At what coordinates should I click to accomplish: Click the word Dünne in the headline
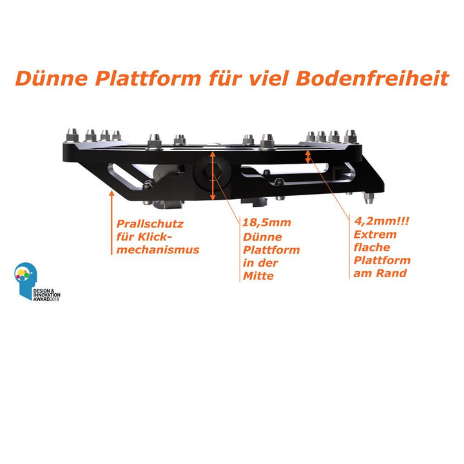pos(52,78)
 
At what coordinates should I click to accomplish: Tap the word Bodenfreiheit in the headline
pos(372,78)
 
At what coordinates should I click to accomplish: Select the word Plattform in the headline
pos(148,78)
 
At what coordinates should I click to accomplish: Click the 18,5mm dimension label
pos(266,223)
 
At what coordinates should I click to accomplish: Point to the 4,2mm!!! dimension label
pos(382,221)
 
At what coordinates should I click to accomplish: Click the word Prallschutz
pos(150,224)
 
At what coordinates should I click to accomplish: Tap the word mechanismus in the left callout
pos(158,250)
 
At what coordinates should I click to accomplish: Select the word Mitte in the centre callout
pos(258,276)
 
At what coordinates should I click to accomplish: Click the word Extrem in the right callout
pos(375,235)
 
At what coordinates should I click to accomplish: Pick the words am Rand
pos(380,273)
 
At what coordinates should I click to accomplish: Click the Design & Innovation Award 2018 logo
pos(37,282)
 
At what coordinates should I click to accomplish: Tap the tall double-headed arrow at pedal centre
pos(213,176)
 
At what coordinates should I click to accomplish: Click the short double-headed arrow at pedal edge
pos(308,157)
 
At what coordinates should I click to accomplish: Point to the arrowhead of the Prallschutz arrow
pos(111,193)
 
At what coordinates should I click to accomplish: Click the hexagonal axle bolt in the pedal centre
pos(211,172)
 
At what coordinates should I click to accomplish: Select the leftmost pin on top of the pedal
pos(72,135)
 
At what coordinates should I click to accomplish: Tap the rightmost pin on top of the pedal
pos(351,137)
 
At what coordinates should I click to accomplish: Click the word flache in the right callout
pos(372,247)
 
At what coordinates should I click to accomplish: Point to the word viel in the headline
pos(269,78)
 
